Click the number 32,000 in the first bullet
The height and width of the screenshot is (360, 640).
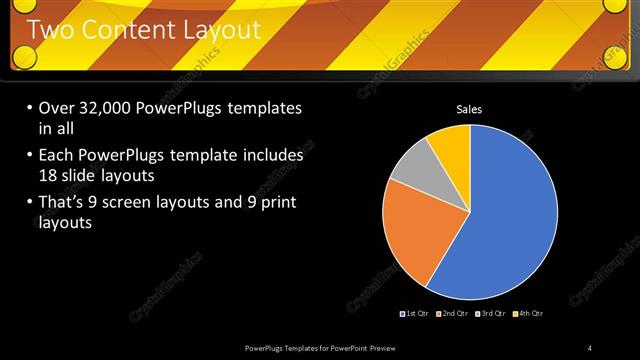108,108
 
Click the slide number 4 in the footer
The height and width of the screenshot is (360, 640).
589,347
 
